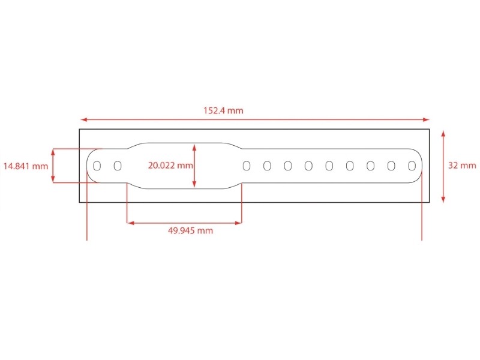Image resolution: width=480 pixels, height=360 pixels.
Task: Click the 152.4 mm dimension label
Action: click(x=223, y=110)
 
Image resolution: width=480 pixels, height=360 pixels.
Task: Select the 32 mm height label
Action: click(x=462, y=166)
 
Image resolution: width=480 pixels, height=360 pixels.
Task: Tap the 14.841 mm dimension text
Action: click(x=26, y=166)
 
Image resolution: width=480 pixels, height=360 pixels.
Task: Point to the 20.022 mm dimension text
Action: click(x=170, y=166)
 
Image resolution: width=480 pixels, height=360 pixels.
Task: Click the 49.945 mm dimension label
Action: click(x=190, y=230)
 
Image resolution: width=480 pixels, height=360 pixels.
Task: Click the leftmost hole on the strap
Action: click(x=97, y=166)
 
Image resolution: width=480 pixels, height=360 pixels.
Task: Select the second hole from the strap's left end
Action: click(x=118, y=166)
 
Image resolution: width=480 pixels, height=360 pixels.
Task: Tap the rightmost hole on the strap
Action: click(x=412, y=166)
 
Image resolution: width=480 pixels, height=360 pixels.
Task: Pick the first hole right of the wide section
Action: click(x=247, y=166)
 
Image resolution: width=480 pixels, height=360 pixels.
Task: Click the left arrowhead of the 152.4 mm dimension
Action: click(x=83, y=119)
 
